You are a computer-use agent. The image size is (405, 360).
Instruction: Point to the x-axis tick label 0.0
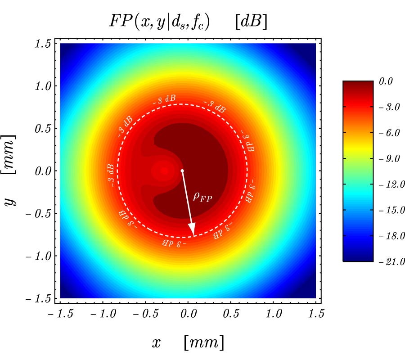coord(187,314)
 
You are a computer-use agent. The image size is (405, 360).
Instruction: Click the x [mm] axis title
coord(187,343)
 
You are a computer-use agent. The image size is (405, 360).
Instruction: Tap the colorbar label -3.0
coord(391,108)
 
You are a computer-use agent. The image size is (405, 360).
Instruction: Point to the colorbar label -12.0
coord(391,185)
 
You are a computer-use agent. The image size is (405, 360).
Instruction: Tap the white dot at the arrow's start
coord(182,171)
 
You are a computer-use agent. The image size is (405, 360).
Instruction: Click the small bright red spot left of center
coord(164,171)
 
